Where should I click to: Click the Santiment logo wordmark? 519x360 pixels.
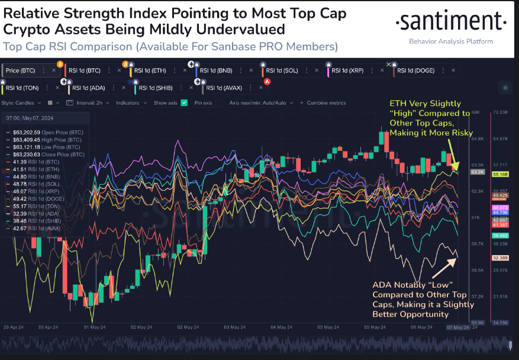pyautogui.click(x=450, y=22)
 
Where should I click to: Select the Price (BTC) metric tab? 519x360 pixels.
pyautogui.click(x=21, y=70)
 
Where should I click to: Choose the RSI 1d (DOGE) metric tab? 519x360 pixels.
pyautogui.click(x=415, y=70)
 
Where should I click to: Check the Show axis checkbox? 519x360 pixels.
pyautogui.click(x=184, y=102)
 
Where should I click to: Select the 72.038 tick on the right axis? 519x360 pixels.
pyautogui.click(x=500, y=111)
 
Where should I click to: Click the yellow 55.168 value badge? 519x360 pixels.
pyautogui.click(x=501, y=174)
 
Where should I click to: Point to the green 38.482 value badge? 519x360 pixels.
pyautogui.click(x=501, y=235)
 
